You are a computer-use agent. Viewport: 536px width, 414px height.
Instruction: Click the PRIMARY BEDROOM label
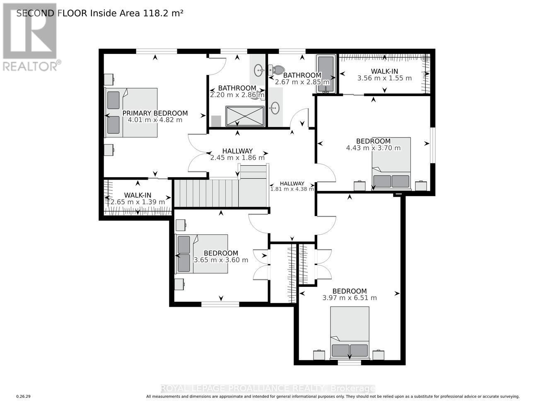pos(155,113)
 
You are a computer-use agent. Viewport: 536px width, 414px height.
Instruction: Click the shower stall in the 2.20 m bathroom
pos(244,116)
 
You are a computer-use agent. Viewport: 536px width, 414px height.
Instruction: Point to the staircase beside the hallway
pos(221,192)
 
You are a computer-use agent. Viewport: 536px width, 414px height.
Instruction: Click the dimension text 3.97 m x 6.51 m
pos(350,298)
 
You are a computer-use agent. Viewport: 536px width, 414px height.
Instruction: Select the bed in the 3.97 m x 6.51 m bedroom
pos(350,333)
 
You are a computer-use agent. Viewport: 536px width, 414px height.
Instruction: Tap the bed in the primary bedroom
pos(131,113)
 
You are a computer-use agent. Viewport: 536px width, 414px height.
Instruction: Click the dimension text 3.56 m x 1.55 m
pos(384,78)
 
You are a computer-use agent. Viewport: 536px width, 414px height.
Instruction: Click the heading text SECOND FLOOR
pos(52,13)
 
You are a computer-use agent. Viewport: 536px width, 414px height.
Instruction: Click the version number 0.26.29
pos(24,397)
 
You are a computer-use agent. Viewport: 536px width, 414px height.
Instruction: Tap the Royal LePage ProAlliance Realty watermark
pos(268,388)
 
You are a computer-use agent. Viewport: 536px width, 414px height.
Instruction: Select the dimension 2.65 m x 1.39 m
pos(138,202)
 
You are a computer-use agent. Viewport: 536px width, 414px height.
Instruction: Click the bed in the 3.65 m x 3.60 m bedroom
pos(202,254)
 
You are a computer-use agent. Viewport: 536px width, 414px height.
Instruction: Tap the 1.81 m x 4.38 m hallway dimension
pos(292,189)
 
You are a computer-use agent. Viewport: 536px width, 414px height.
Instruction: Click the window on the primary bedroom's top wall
pos(157,51)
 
